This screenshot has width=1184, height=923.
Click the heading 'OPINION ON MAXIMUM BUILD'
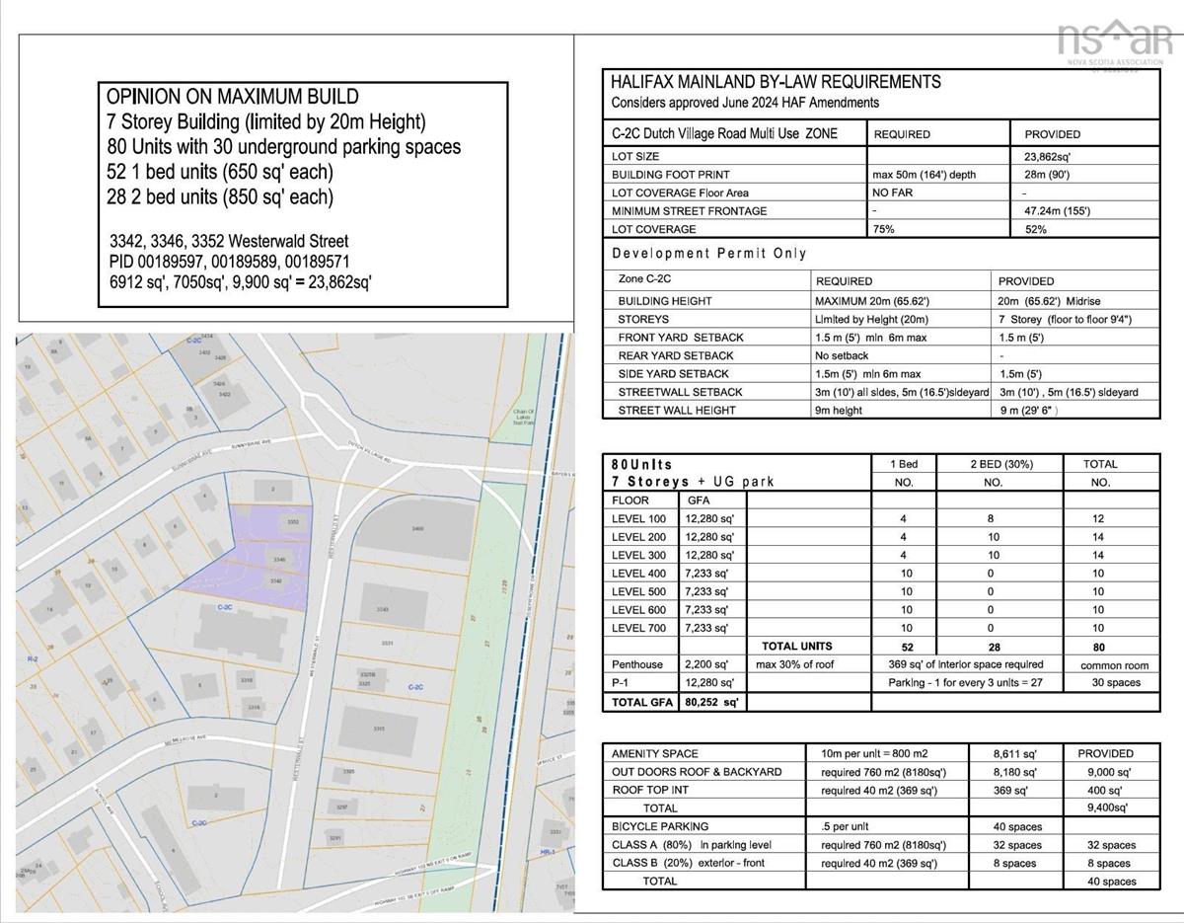coord(232,97)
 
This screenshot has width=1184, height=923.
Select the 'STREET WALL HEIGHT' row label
coord(677,410)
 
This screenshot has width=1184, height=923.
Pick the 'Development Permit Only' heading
coord(708,254)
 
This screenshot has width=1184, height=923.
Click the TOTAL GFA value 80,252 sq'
coord(711,702)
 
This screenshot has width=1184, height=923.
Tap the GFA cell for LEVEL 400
coord(705,574)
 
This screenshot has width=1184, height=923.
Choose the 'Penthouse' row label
coord(637,664)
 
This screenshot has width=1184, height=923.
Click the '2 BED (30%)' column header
coord(993,464)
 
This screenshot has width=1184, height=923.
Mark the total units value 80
coord(1099,647)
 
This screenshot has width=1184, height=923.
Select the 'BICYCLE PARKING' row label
coord(660,826)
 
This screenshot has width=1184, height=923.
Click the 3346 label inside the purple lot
coord(280,560)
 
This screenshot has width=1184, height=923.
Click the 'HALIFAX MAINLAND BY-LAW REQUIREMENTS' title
coord(776,82)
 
